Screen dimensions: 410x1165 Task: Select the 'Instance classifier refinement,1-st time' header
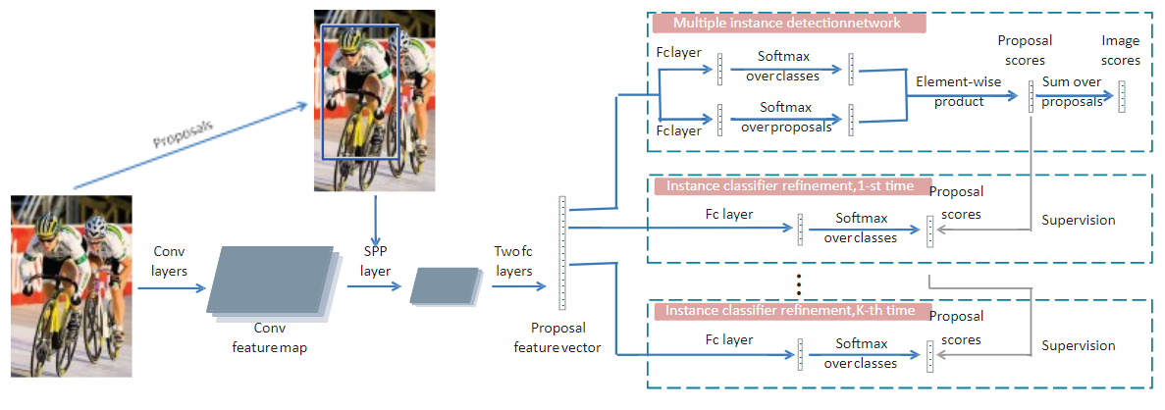pyautogui.click(x=791, y=185)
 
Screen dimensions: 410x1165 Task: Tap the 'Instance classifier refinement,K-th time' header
pyautogui.click(x=791, y=311)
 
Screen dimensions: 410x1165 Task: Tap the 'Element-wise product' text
pyautogui.click(x=959, y=91)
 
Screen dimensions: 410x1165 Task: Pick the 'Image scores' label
pyautogui.click(x=1121, y=50)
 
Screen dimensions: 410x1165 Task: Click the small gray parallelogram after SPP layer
pyautogui.click(x=443, y=284)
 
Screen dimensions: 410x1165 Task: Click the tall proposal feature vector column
pyautogui.click(x=562, y=255)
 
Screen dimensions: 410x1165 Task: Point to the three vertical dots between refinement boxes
pyautogui.click(x=800, y=285)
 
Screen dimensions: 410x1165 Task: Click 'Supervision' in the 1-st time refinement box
pyautogui.click(x=1078, y=221)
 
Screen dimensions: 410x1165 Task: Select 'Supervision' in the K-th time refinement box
pyautogui.click(x=1078, y=345)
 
